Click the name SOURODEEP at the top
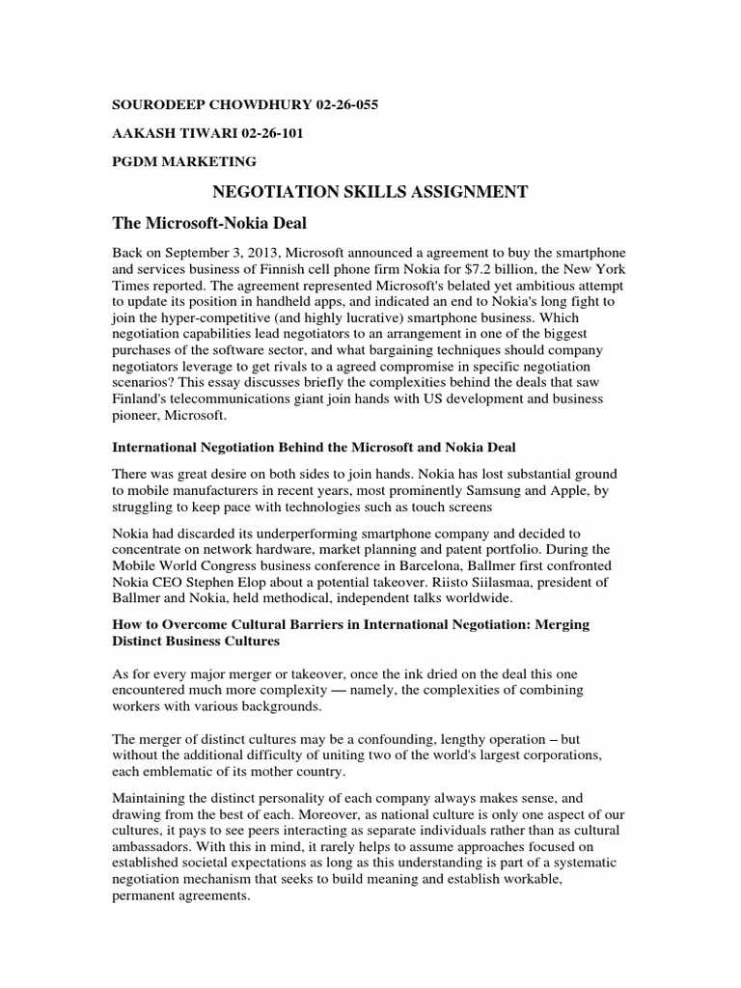(160, 104)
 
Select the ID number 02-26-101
(268, 133)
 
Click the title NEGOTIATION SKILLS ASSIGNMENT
(370, 192)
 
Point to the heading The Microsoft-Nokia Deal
(209, 224)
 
